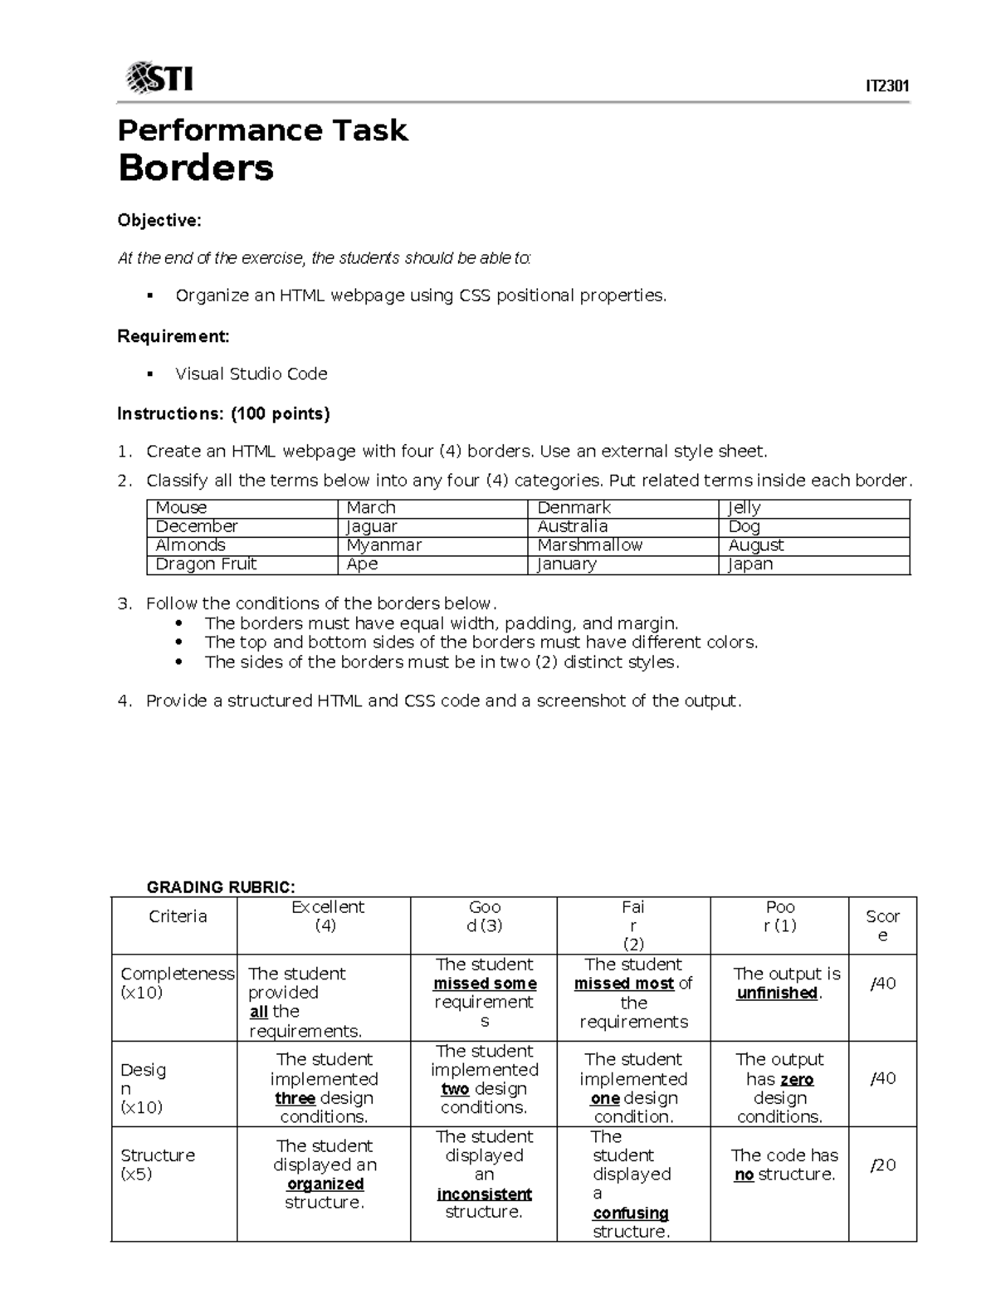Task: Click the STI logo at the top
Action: coord(159,78)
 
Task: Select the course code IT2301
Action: coord(887,86)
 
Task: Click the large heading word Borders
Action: coord(196,168)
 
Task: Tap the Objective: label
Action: coord(159,220)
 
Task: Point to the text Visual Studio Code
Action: coord(251,374)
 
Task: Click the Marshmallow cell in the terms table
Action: coord(589,545)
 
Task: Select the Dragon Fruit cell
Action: coord(206,564)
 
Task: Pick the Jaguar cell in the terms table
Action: coord(372,526)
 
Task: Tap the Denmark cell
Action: coord(574,508)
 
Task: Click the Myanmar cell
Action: coord(383,545)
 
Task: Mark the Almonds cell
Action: coord(190,545)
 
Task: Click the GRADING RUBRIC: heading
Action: coord(221,887)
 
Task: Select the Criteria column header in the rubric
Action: coord(177,916)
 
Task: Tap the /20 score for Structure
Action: coord(882,1165)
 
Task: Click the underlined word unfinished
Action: coord(777,993)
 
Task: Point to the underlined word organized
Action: coord(325,1184)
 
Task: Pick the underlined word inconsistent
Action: coord(484,1194)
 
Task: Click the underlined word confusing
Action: coord(631,1213)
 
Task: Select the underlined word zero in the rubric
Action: coord(796,1079)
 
